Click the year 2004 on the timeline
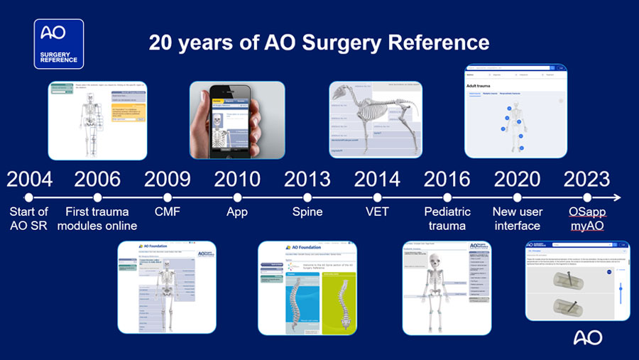(x=29, y=178)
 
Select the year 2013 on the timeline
(x=307, y=178)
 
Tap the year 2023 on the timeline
(x=586, y=178)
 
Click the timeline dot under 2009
(x=168, y=198)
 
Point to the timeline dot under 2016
(x=447, y=198)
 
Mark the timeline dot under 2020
(x=517, y=198)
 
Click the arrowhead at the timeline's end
(x=616, y=198)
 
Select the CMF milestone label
(x=168, y=212)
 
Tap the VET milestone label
(x=377, y=212)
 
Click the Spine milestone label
(x=307, y=212)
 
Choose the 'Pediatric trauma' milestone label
(x=447, y=219)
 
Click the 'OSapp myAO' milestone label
(x=587, y=219)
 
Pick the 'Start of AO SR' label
(x=29, y=219)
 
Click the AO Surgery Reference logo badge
(x=59, y=44)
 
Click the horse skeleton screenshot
(x=376, y=119)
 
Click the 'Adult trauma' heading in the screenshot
(x=481, y=85)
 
